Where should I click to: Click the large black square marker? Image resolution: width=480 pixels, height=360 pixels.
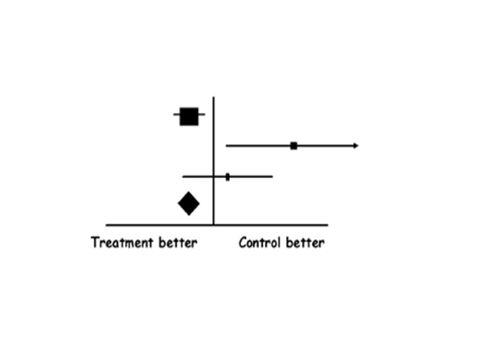click(189, 116)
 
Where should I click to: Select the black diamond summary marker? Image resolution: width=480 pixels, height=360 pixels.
click(188, 203)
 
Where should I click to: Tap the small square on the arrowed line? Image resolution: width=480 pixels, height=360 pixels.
click(293, 146)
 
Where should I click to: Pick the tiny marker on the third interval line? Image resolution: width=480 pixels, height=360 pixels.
click(227, 176)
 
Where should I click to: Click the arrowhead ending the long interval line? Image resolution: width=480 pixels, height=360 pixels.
click(356, 146)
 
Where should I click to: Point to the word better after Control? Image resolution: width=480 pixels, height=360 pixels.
click(305, 243)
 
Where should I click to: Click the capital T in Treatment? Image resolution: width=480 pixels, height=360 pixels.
click(95, 243)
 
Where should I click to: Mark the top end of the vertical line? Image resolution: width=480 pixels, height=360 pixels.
click(214, 97)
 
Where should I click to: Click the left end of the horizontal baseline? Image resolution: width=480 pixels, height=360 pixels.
click(107, 225)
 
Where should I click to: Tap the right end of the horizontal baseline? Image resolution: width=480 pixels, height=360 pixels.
click(328, 225)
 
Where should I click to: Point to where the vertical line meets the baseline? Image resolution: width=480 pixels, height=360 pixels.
click(214, 225)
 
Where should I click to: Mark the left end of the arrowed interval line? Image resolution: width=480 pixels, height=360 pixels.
click(226, 146)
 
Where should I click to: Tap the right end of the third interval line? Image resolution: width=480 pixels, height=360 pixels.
click(272, 176)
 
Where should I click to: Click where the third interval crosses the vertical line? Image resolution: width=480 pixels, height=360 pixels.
click(214, 176)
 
